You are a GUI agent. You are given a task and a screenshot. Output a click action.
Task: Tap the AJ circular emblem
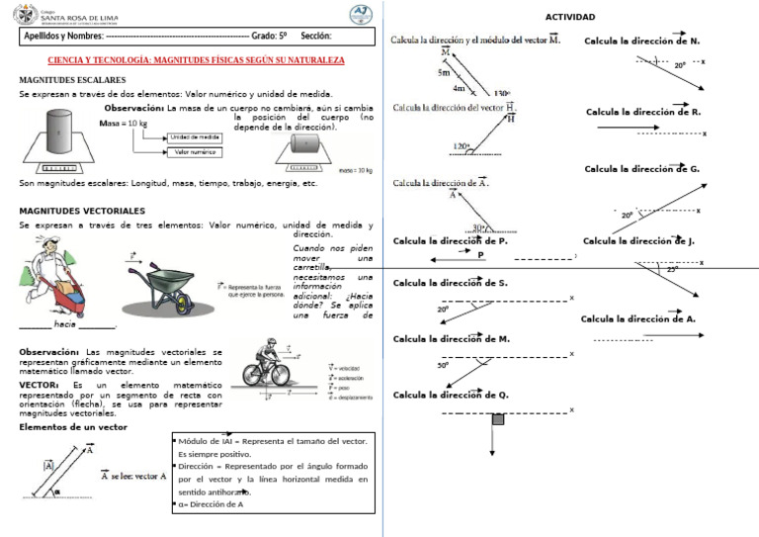tap(363, 15)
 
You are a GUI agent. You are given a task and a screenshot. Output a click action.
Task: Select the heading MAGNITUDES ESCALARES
tap(72, 78)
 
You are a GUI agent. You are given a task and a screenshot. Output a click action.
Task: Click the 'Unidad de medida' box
tap(195, 137)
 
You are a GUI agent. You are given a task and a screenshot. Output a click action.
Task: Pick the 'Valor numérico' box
tap(195, 152)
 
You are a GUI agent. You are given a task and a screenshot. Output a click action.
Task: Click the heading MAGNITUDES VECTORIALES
tap(82, 211)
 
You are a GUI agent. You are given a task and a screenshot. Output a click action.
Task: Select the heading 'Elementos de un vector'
tap(73, 427)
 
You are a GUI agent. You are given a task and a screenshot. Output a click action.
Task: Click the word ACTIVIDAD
tap(570, 18)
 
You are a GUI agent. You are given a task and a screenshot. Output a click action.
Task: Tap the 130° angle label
tap(501, 93)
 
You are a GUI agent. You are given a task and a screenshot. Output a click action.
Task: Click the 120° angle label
tap(462, 146)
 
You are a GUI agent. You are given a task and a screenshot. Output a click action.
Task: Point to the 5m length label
tap(444, 73)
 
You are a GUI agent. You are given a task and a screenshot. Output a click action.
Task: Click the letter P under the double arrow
tap(480, 254)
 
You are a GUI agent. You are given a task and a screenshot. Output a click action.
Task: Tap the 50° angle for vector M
tap(443, 365)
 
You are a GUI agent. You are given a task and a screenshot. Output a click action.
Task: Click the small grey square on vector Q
tap(498, 419)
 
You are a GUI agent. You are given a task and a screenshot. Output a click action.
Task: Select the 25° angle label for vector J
tap(672, 269)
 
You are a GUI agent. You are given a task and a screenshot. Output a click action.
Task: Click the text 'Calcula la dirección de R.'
tap(642, 112)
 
